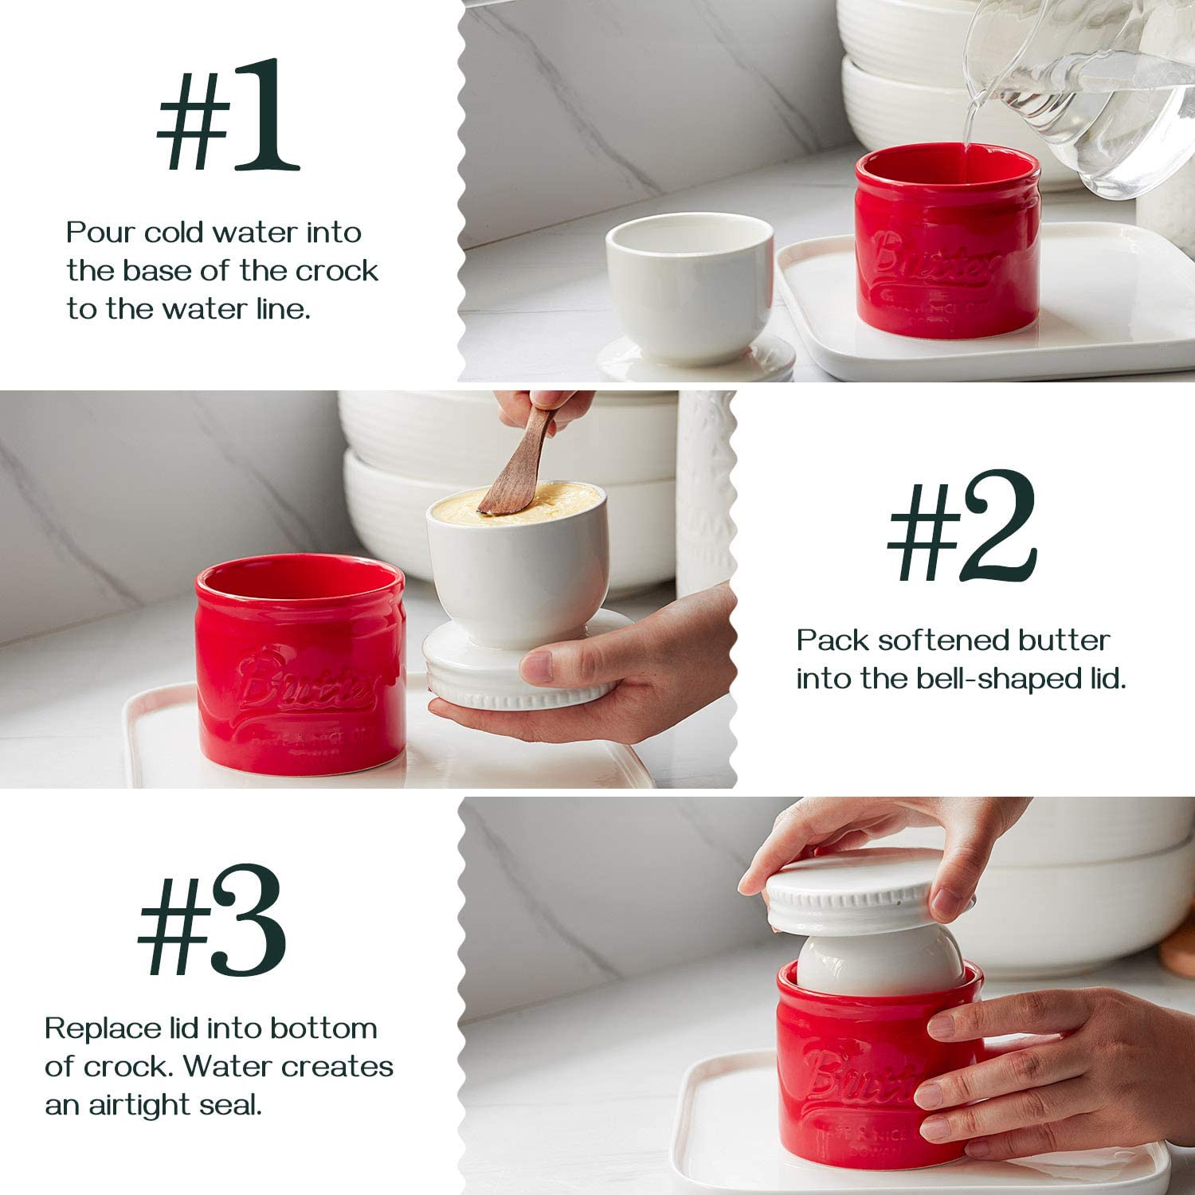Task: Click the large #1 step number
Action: (x=228, y=116)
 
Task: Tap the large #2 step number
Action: (x=962, y=527)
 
